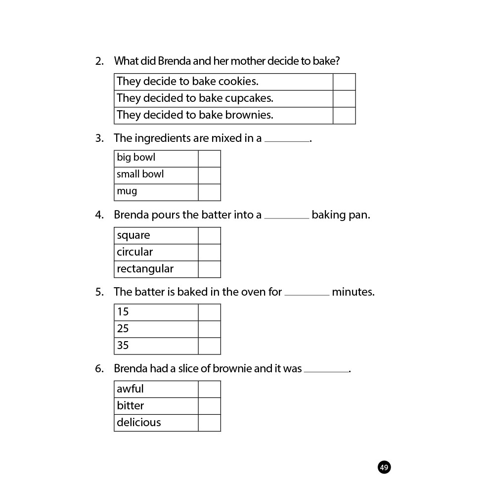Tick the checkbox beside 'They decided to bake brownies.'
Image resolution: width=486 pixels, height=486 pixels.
[x=344, y=116]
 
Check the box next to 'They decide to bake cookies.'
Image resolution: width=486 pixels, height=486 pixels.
[x=344, y=82]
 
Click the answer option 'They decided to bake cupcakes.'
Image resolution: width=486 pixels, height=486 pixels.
[x=195, y=98]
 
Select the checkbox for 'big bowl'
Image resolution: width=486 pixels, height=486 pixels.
[x=209, y=159]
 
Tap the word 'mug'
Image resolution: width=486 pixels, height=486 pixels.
[x=127, y=191]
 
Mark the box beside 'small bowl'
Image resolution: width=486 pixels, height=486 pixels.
[x=209, y=176]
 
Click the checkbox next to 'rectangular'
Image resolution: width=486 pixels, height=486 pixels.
[x=209, y=269]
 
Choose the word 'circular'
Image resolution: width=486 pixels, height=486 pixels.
[x=135, y=252]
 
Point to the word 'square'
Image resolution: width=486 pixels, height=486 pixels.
[x=133, y=236]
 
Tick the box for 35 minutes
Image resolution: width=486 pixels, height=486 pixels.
[x=209, y=346]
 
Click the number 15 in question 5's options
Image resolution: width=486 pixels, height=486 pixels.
[x=123, y=312]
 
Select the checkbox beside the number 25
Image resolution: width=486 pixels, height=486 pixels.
[x=209, y=329]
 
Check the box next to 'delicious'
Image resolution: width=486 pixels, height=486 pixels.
[x=209, y=423]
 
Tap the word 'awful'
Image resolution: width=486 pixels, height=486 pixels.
[x=130, y=389]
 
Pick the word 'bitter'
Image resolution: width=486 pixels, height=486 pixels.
[x=131, y=406]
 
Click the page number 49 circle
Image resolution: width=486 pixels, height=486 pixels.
[x=384, y=467]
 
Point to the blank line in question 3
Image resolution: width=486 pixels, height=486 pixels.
[x=287, y=141]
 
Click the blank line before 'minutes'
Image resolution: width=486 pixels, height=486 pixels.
[x=307, y=295]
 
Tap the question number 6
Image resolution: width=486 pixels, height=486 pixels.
[x=99, y=369]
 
